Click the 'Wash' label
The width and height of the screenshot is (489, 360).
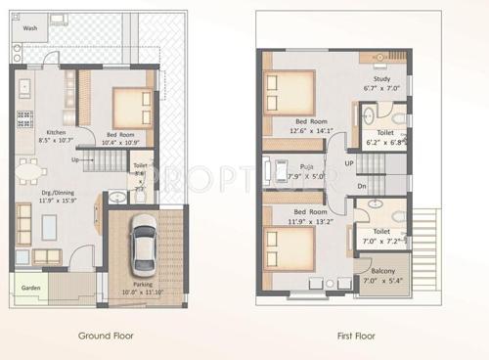point(30,29)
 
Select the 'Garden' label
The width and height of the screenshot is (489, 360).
point(31,288)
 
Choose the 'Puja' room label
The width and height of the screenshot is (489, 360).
point(306,167)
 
